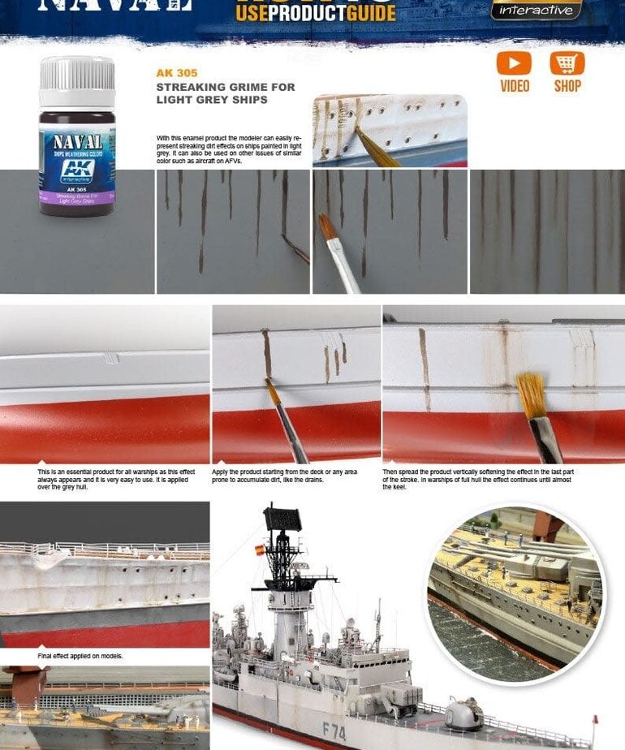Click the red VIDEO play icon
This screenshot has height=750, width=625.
click(514, 63)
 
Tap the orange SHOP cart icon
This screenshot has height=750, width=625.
click(567, 63)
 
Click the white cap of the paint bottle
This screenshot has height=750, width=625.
click(77, 80)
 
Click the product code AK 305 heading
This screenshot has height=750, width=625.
click(177, 73)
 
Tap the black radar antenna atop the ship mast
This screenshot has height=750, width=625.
click(282, 519)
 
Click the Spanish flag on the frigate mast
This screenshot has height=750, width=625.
click(261, 550)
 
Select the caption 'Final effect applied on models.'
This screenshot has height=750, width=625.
click(80, 656)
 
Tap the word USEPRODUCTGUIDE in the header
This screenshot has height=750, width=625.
click(315, 13)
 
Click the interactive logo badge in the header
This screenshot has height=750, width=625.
click(537, 10)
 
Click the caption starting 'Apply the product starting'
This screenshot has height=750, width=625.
click(284, 476)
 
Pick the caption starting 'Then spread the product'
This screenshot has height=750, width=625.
click(478, 479)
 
